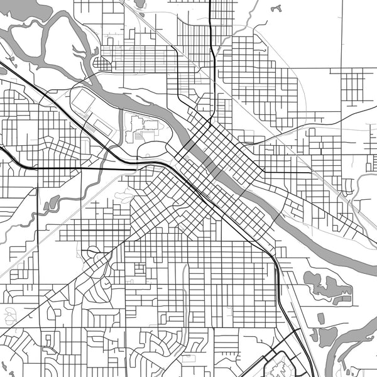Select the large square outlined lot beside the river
[x=83, y=101]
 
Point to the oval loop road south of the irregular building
[x=151, y=148]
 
